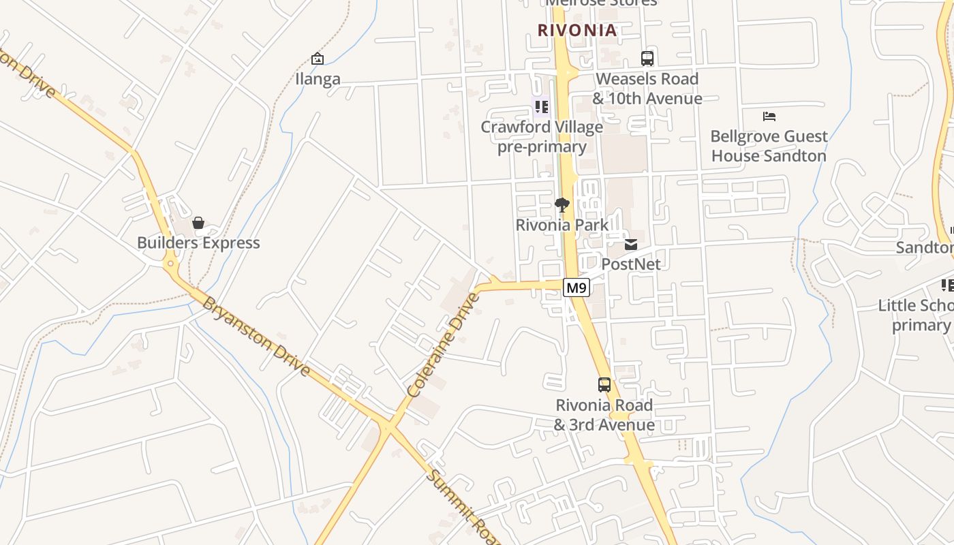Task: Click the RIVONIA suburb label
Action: (x=577, y=31)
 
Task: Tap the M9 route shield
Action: (x=576, y=288)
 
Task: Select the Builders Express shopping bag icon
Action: (x=198, y=223)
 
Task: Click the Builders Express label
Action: (x=198, y=243)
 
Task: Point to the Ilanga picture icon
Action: (x=318, y=59)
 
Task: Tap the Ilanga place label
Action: (x=318, y=79)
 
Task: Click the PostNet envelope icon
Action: (x=631, y=244)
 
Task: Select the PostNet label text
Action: (x=631, y=264)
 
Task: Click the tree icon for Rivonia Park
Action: (x=562, y=204)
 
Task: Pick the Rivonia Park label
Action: (x=562, y=225)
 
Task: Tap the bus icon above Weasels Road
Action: (x=647, y=59)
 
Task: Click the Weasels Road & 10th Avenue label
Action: (x=647, y=89)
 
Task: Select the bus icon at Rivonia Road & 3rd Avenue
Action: (x=604, y=385)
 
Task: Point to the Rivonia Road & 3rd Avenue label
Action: (x=604, y=415)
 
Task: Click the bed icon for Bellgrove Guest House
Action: (x=769, y=116)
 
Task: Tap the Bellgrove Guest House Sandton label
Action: (x=769, y=146)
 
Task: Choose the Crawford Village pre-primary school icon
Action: (x=542, y=107)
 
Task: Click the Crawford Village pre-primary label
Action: (x=542, y=137)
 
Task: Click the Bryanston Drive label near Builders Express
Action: (x=256, y=337)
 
